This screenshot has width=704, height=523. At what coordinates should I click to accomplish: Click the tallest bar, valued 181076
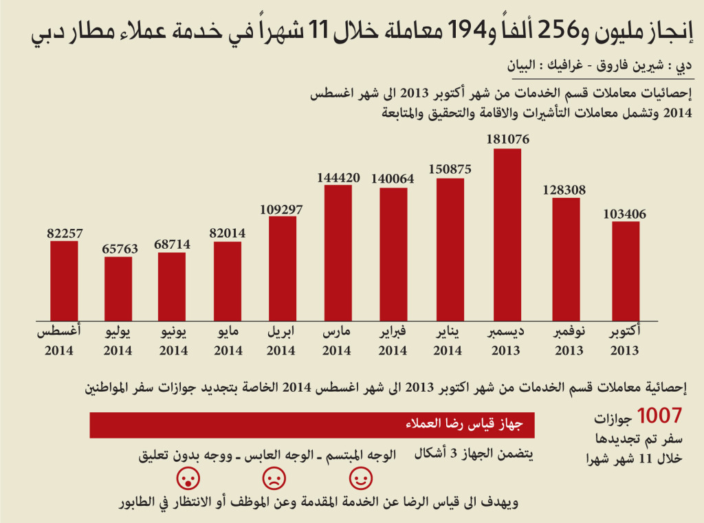(507, 234)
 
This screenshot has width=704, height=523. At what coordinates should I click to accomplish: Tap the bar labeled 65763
(118, 288)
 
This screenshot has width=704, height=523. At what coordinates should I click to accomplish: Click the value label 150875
(450, 169)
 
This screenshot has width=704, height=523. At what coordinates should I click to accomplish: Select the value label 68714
(171, 244)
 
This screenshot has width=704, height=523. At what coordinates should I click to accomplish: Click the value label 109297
(282, 208)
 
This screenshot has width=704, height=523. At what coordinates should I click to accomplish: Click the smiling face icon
(361, 477)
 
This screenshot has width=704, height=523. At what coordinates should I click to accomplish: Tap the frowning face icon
(274, 477)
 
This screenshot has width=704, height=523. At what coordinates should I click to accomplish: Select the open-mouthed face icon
(186, 477)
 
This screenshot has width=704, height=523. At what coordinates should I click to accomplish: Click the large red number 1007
(659, 415)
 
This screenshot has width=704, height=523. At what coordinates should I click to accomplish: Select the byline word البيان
(522, 67)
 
